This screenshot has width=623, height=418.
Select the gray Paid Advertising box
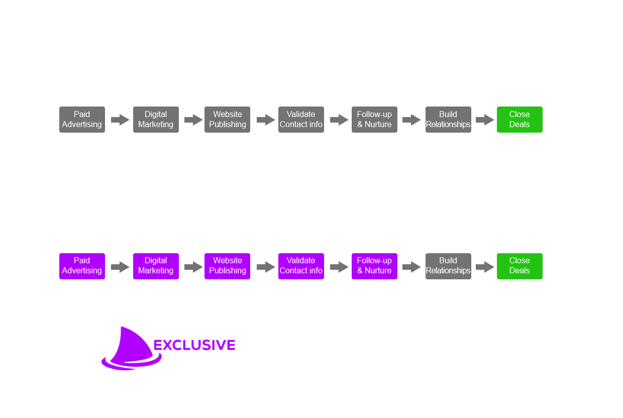pyautogui.click(x=82, y=120)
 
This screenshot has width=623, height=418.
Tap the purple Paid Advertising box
pyautogui.click(x=82, y=266)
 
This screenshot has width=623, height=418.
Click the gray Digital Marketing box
pyautogui.click(x=156, y=120)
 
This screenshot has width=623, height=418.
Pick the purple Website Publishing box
pyautogui.click(x=227, y=266)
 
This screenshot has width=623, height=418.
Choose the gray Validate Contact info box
pyautogui.click(x=301, y=120)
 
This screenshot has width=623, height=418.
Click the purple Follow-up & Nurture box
pyautogui.click(x=374, y=266)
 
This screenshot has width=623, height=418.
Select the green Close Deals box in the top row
pyautogui.click(x=520, y=120)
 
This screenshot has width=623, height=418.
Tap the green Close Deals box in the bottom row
pyautogui.click(x=520, y=266)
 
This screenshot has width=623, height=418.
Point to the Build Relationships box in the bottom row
pyautogui.click(x=448, y=266)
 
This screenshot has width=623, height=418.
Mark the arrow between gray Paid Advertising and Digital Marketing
pyautogui.click(x=120, y=120)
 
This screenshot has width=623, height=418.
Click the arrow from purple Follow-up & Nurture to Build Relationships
pyautogui.click(x=411, y=267)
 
